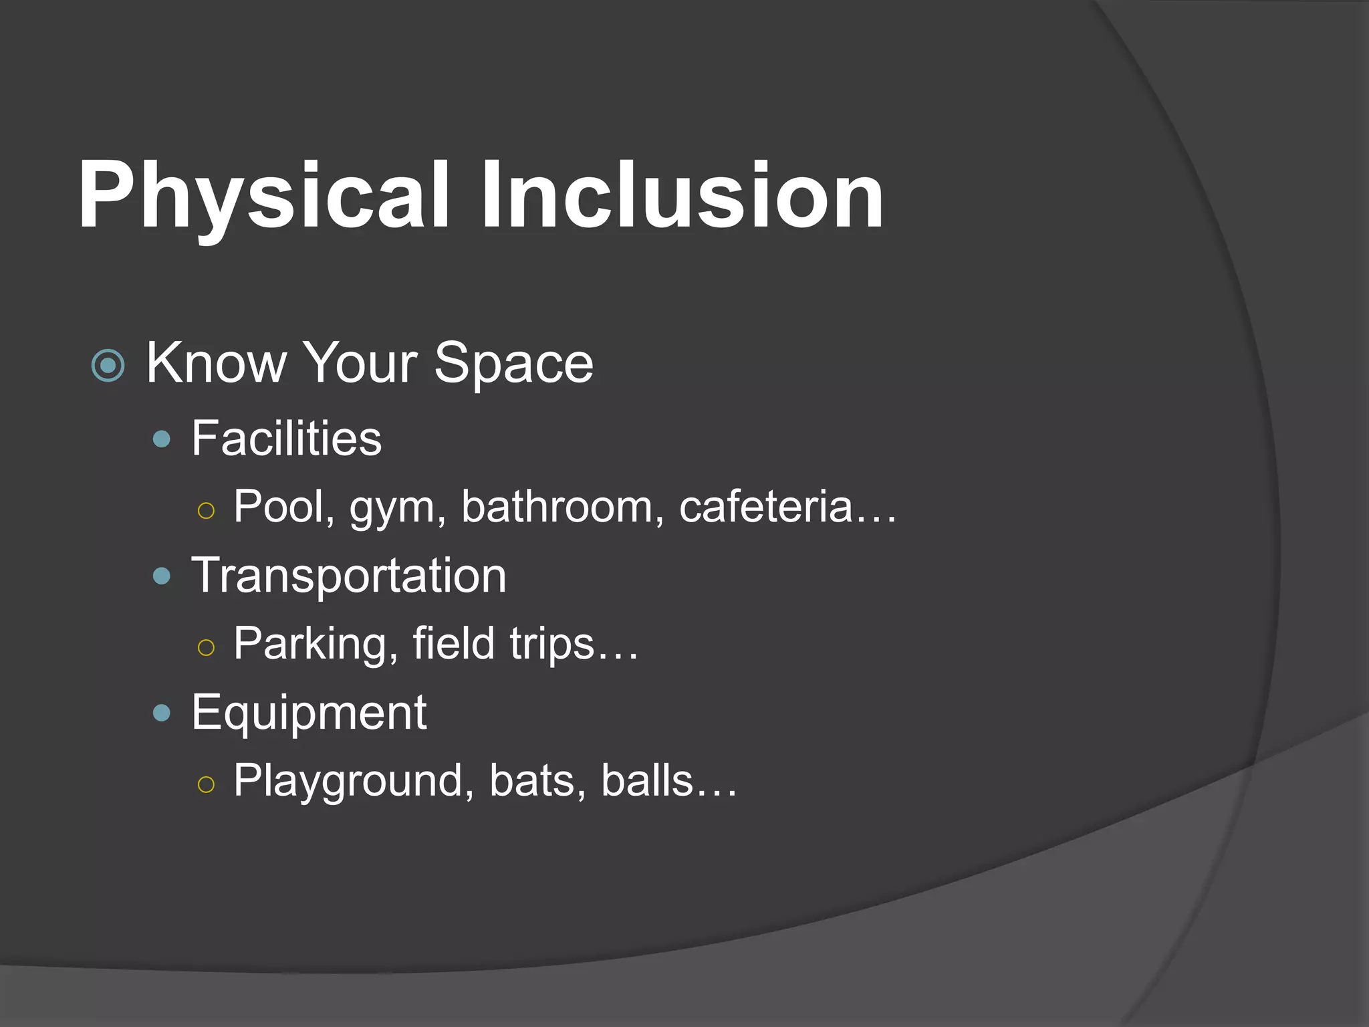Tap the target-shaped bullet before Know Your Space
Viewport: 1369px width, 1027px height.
108,366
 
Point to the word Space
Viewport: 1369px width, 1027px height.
513,364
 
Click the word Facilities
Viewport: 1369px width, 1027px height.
286,439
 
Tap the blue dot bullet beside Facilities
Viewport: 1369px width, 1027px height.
162,439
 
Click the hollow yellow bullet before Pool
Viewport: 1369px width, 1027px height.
207,511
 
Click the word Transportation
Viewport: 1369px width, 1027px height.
349,576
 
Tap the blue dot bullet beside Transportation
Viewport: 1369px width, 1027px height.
162,576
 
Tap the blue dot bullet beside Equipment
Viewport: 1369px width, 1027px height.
162,713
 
